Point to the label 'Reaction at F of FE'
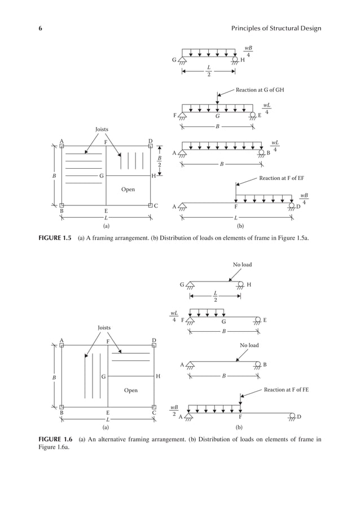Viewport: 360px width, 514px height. pyautogui.click(x=287, y=389)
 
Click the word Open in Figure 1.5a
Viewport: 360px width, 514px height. pyautogui.click(x=128, y=190)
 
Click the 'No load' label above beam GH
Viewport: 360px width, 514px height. pyautogui.click(x=242, y=264)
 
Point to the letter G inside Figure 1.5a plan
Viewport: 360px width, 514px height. pyautogui.click(x=101, y=176)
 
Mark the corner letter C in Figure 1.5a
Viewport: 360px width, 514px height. pyautogui.click(x=156, y=206)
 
